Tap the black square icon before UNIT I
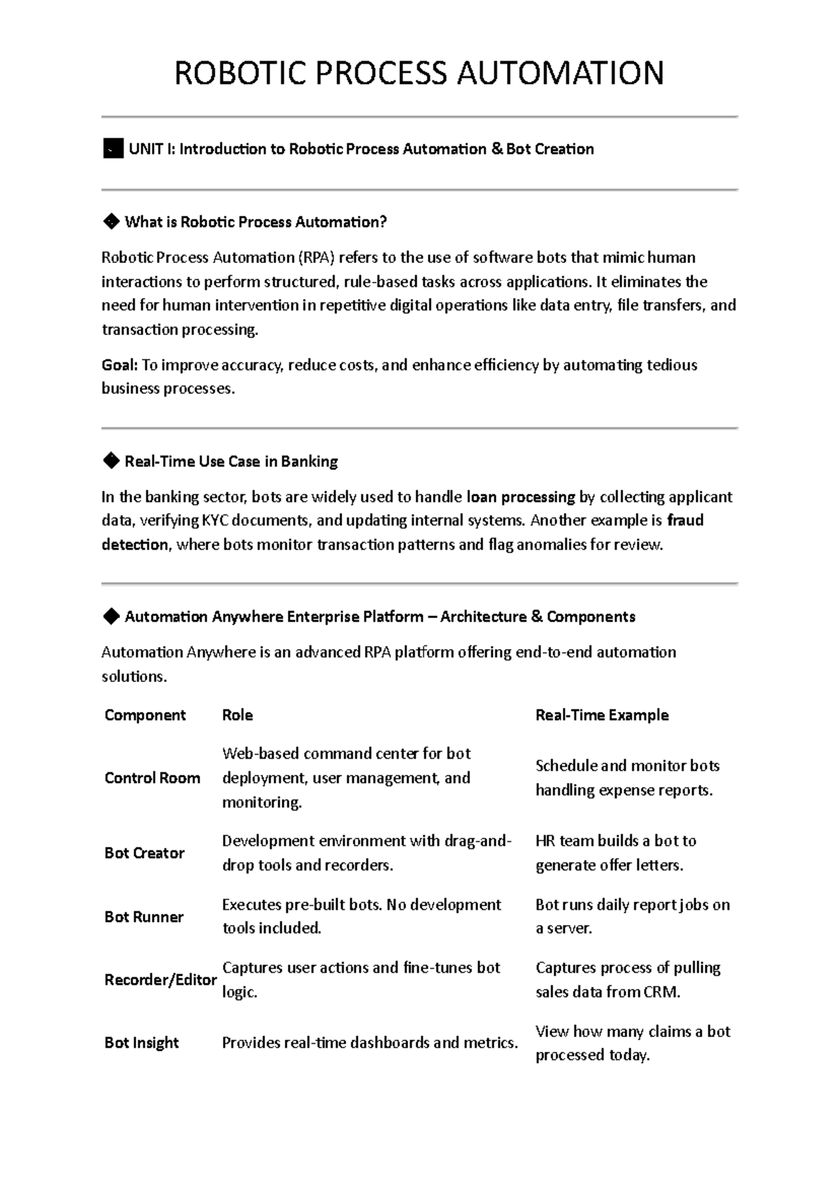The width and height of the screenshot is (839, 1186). click(x=113, y=149)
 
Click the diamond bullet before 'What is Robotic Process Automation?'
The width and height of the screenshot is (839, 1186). click(x=110, y=222)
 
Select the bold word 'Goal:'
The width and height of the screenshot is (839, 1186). click(x=119, y=365)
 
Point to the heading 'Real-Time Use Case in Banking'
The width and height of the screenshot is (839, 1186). click(x=231, y=462)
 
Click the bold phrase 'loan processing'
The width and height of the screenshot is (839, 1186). click(x=521, y=497)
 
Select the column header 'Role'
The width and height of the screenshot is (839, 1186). click(x=237, y=715)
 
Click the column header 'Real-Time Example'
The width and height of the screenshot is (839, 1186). click(x=602, y=715)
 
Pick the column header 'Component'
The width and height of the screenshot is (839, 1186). click(x=145, y=715)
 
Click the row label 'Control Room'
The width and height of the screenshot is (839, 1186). click(x=152, y=778)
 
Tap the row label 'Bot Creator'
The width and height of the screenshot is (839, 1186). click(x=144, y=853)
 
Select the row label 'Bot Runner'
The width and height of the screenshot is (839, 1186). click(x=143, y=917)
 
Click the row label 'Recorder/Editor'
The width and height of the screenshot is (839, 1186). click(x=160, y=980)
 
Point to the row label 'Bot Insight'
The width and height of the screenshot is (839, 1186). click(x=141, y=1043)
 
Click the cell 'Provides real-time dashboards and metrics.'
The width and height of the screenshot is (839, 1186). click(x=370, y=1043)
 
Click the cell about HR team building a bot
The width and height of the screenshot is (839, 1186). click(x=615, y=853)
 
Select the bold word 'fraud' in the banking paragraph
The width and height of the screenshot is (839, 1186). click(x=685, y=521)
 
